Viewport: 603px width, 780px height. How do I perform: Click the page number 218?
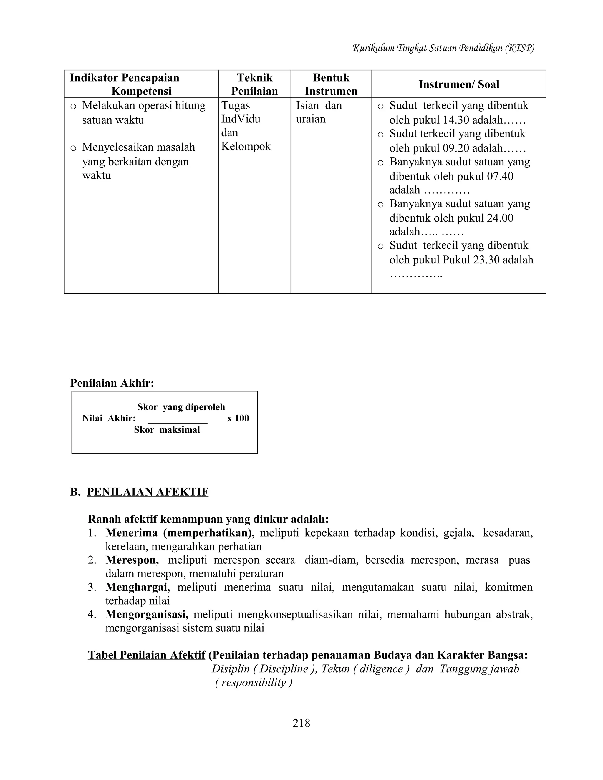[x=301, y=723]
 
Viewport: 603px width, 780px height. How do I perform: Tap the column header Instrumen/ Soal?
[x=459, y=84]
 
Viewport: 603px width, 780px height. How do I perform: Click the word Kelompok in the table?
[x=246, y=146]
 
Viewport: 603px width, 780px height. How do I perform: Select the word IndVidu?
[x=241, y=119]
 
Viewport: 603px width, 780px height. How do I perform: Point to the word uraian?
[x=310, y=119]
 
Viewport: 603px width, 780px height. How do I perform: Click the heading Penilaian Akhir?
[x=112, y=383]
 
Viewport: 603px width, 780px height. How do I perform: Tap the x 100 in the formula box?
[x=238, y=418]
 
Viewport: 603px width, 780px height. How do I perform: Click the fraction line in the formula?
[x=178, y=423]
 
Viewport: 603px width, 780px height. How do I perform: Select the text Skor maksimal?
[x=167, y=430]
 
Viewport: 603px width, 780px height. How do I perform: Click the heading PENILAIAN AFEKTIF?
[x=147, y=492]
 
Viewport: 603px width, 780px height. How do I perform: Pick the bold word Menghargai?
[x=138, y=587]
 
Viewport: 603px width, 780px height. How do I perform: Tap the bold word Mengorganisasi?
[x=146, y=614]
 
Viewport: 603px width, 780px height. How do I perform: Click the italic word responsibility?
[x=254, y=682]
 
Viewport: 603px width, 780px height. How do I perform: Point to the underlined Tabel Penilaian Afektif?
[x=146, y=655]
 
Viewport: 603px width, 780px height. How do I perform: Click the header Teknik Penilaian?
[x=254, y=84]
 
